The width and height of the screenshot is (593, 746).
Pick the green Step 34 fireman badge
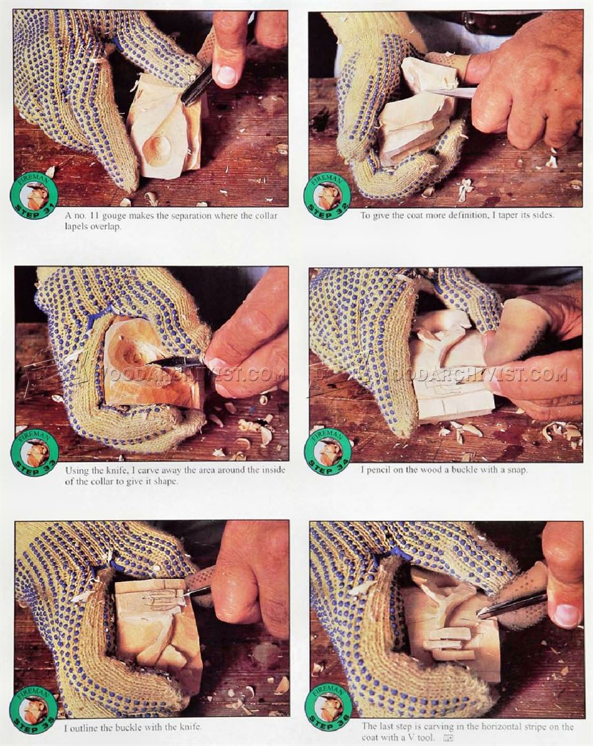point(327,450)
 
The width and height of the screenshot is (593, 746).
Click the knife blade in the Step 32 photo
point(450,92)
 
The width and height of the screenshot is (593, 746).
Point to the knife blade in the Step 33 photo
point(175,362)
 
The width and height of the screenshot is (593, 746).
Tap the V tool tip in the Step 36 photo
point(480,616)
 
